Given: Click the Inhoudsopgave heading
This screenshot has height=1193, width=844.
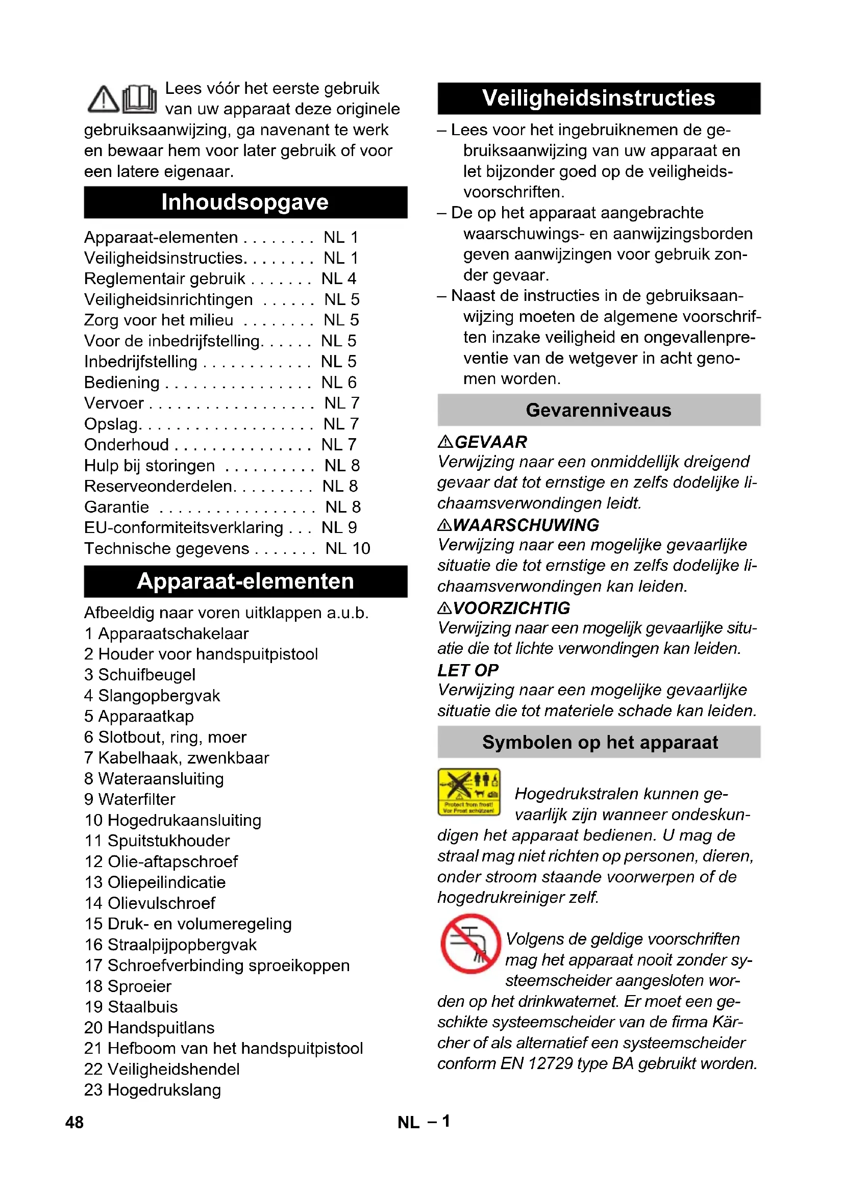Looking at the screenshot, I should tap(245, 202).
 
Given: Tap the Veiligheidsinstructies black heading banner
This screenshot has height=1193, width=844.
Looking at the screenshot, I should tap(598, 98).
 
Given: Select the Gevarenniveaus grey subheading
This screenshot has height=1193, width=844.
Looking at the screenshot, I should tap(598, 410).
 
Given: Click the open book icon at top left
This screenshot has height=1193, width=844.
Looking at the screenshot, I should tap(139, 99).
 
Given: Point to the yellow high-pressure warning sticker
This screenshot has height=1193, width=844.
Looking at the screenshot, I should tap(468, 792).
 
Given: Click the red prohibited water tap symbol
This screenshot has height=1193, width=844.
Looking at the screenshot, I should tap(470, 943).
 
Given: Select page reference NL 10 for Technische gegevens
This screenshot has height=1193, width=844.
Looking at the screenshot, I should tap(347, 548).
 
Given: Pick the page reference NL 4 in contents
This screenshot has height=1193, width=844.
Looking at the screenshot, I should tap(338, 278).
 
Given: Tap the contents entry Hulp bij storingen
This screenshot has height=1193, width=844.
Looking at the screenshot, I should tap(150, 466).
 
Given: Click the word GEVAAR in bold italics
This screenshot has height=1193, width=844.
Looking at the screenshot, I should tap(490, 442).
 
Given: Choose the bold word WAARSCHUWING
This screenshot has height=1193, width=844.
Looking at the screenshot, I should tap(526, 525).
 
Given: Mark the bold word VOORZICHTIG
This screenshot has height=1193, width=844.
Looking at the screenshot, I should tap(511, 608).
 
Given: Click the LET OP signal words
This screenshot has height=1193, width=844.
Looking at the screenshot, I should tap(468, 670).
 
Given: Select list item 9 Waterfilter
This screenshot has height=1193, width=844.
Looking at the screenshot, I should tap(130, 799).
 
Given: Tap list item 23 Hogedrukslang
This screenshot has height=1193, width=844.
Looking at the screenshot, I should tap(153, 1089).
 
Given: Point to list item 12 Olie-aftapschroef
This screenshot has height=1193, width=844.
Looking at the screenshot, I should tap(161, 861).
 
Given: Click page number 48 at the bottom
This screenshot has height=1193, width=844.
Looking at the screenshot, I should tap(75, 1122).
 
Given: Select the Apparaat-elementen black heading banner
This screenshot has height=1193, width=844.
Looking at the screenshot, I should tap(245, 581).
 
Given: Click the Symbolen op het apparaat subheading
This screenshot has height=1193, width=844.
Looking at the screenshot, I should tap(599, 742).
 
